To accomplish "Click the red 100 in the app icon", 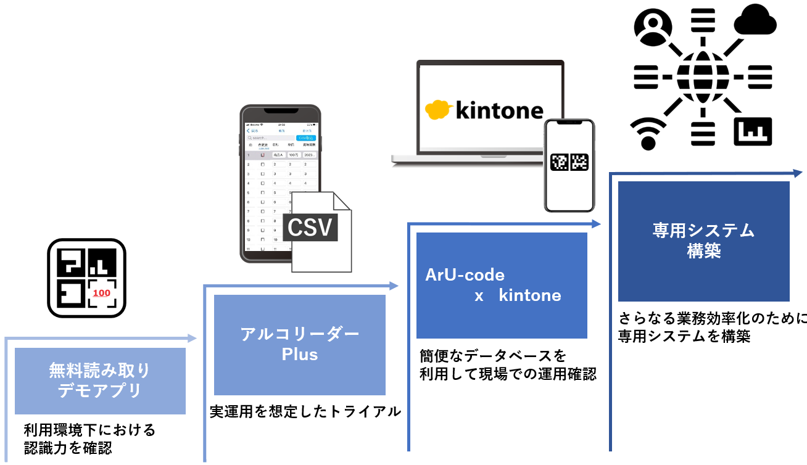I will (x=101, y=294).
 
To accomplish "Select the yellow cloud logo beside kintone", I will (x=439, y=109).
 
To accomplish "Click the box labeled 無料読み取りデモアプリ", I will (x=100, y=381).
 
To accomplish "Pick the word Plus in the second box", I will (x=300, y=355).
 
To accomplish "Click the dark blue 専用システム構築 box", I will (x=703, y=241).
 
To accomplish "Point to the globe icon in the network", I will (x=703, y=77).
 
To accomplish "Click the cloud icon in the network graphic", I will (x=755, y=22).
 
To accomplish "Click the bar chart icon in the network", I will (x=752, y=131).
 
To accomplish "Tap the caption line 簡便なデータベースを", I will (x=492, y=356).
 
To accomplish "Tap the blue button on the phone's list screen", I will (x=306, y=138).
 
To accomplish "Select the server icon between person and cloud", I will (x=703, y=23).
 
